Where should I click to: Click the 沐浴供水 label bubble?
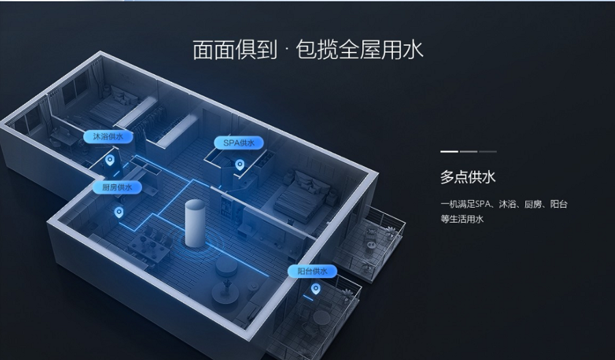(108, 137)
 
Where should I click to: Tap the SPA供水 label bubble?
(238, 143)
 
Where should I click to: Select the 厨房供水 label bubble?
(117, 187)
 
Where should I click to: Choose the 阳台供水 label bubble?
(312, 271)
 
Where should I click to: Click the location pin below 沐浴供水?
(110, 160)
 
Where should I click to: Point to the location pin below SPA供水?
(239, 165)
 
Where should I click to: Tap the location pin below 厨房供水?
(118, 212)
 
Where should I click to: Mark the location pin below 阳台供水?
(315, 289)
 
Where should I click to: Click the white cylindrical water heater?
(195, 223)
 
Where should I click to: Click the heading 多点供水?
(467, 177)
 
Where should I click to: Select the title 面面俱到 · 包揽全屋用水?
(308, 50)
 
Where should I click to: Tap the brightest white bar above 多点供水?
(449, 152)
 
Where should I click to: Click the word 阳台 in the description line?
(558, 204)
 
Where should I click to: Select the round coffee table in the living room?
(226, 266)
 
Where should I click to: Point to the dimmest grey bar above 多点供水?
(487, 152)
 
